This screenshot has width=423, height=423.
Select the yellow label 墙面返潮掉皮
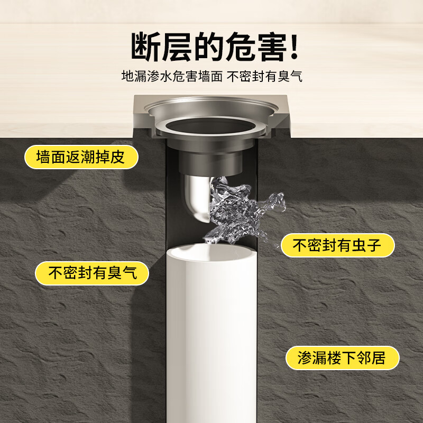[81, 157]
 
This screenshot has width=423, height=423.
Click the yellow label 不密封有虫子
[337, 245]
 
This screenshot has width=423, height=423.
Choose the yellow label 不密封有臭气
[92, 273]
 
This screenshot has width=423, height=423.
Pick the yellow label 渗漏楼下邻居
[342, 358]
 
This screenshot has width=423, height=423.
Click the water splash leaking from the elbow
[238, 206]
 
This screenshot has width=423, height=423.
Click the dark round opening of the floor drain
[212, 127]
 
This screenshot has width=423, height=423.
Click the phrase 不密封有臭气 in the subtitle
[264, 77]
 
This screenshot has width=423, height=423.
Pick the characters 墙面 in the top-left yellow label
[51, 157]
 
